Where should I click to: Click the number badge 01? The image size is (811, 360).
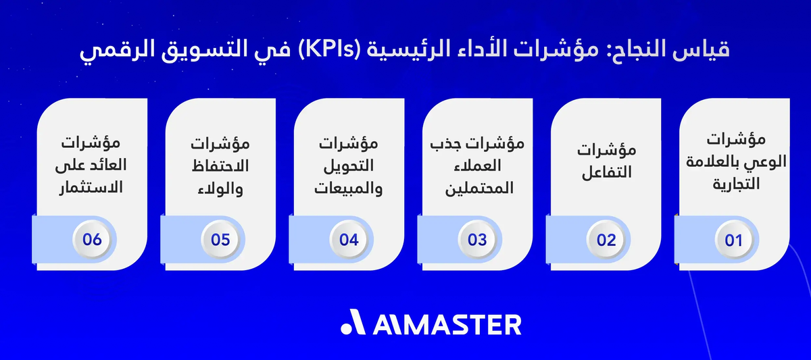[734, 240]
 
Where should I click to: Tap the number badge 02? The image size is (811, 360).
[606, 240]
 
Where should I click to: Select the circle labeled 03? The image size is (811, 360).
[477, 240]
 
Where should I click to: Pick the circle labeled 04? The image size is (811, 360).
[349, 240]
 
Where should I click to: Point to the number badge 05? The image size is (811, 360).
[220, 240]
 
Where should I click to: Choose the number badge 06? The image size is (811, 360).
[92, 240]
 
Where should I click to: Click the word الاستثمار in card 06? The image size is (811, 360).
[92, 187]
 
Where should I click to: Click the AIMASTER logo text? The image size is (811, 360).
[447, 324]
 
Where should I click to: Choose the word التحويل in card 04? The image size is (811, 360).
[349, 165]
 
